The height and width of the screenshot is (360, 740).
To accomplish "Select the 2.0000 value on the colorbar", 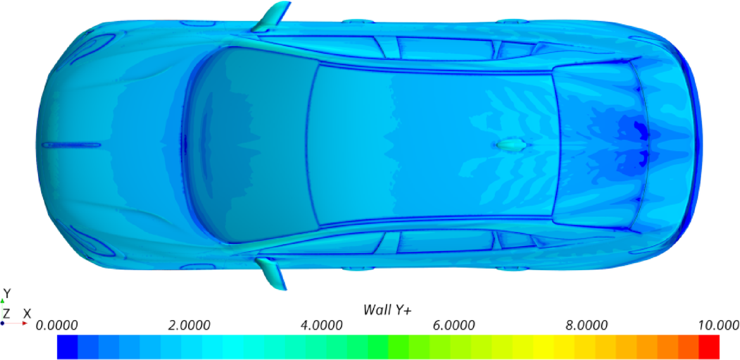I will point(188,325).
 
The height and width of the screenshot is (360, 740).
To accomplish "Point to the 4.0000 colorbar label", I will point(320,325).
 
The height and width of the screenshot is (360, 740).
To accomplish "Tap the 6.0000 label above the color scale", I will point(452,325).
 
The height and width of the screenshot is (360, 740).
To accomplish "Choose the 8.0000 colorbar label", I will point(584,325).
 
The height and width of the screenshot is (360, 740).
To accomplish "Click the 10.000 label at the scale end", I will point(718,325).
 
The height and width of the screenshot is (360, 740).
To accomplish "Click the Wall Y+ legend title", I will point(387,309).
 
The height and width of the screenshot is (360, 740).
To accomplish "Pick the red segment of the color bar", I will point(709,347).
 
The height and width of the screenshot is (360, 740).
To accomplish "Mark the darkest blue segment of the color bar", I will point(67,347).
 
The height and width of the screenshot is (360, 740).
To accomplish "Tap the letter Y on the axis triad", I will point(6,294).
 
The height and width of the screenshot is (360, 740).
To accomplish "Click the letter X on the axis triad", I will point(27,313).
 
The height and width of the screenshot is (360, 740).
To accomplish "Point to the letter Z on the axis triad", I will point(6,313).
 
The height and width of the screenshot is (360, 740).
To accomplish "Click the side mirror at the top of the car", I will point(271,18).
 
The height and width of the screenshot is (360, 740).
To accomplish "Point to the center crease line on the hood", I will point(71,145).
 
